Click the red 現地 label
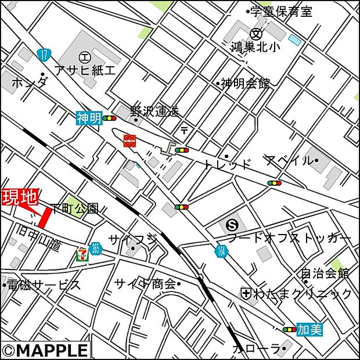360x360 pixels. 19,197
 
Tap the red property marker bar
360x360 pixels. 44,218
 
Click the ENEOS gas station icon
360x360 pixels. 129,140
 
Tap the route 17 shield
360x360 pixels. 44,55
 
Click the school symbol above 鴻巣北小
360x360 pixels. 256,33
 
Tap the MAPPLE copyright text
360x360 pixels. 45,350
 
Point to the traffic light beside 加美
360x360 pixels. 289,329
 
